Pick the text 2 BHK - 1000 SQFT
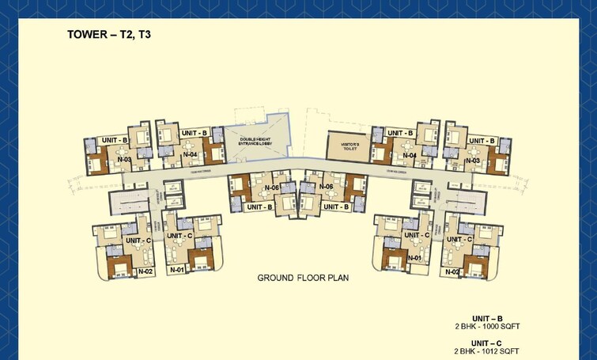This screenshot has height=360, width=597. [488, 326]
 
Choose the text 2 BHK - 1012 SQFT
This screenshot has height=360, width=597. [488, 351]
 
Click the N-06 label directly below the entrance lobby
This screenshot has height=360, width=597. [272, 188]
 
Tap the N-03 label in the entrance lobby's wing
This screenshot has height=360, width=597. [124, 160]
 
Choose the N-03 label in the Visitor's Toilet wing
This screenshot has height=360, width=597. [473, 160]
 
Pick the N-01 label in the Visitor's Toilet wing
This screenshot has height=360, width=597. [413, 258]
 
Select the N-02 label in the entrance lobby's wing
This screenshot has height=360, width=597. [145, 271]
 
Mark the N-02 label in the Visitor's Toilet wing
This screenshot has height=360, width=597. [452, 271]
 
